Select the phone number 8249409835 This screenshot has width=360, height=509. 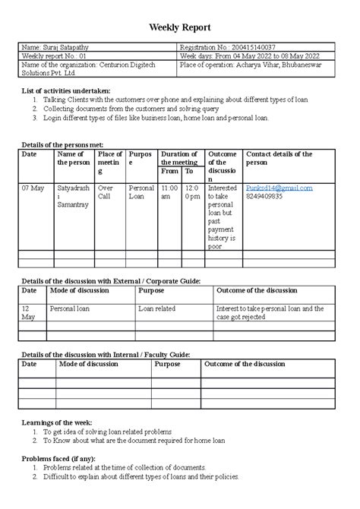pyautogui.click(x=266, y=195)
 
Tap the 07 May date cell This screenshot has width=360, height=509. pyautogui.click(x=33, y=187)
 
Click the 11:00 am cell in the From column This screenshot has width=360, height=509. pyautogui.click(x=169, y=191)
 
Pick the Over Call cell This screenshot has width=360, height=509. pyautogui.click(x=106, y=191)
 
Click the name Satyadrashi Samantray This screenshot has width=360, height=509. pyautogui.click(x=74, y=196)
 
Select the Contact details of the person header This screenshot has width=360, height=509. pyautogui.click(x=279, y=158)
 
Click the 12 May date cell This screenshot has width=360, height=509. pyautogui.click(x=29, y=313)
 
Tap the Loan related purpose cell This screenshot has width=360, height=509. pyautogui.click(x=156, y=309)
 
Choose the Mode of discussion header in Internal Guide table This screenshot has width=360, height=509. pyautogui.click(x=88, y=364)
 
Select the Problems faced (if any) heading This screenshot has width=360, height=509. pyautogui.click(x=62, y=459)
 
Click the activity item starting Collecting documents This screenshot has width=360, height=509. pyautogui.click(x=127, y=109)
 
